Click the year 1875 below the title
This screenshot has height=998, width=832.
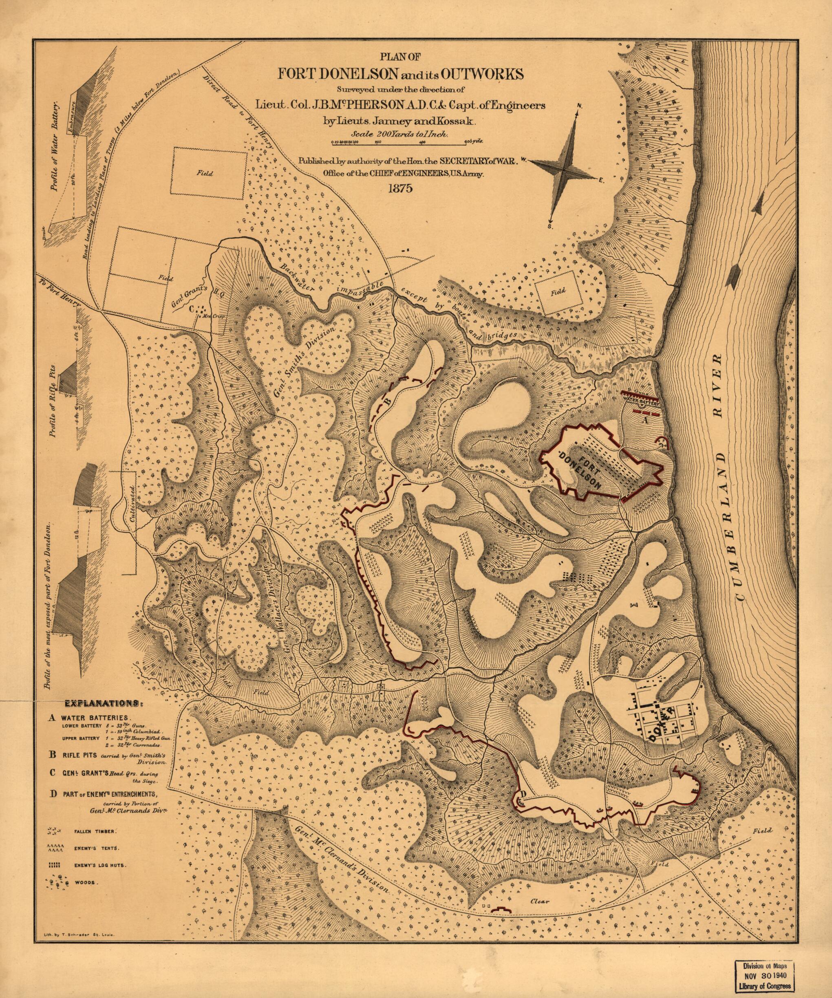pyautogui.click(x=400, y=188)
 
